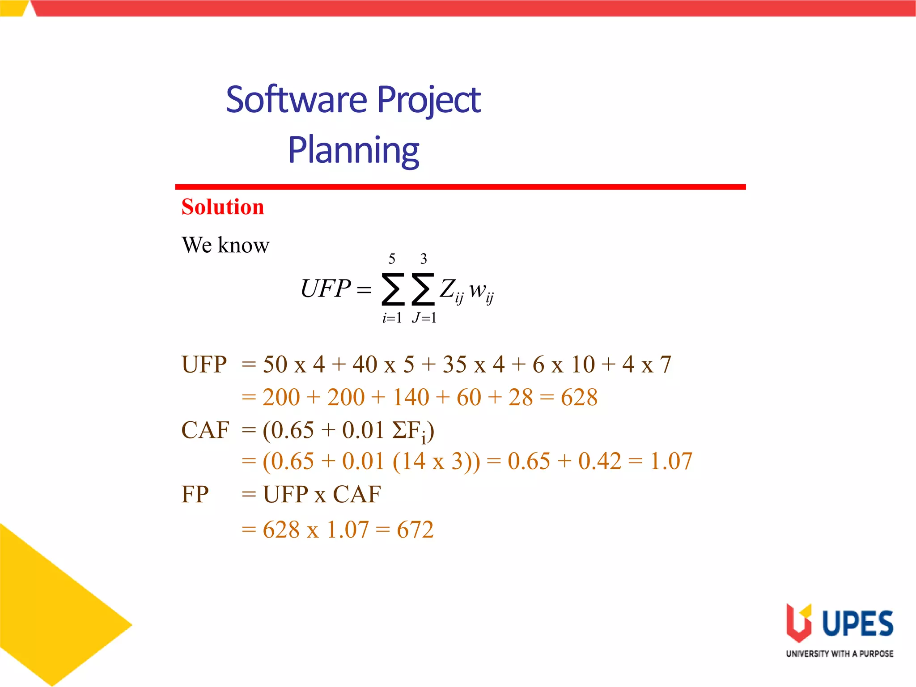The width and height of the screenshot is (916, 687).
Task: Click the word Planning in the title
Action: [x=353, y=150]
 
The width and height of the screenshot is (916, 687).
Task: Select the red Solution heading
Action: [x=223, y=207]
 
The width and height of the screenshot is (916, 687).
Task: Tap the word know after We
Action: [x=243, y=245]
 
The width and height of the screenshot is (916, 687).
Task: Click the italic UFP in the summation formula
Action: [x=325, y=288]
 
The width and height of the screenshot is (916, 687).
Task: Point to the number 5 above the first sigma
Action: [x=392, y=259]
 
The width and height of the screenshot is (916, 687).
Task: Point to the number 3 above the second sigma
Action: [x=423, y=259]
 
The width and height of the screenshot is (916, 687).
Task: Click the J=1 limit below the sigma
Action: [x=424, y=318]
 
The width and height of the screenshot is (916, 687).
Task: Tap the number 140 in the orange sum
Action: [x=411, y=397]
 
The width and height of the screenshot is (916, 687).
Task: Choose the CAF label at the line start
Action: [x=205, y=430]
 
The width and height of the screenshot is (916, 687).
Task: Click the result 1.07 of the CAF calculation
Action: [x=671, y=461]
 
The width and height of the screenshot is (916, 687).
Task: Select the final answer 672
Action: [x=415, y=530]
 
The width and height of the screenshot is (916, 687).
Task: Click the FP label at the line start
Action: [x=195, y=495]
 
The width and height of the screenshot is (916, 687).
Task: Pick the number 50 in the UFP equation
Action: [x=275, y=365]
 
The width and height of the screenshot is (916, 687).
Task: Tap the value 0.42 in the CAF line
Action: [x=599, y=461]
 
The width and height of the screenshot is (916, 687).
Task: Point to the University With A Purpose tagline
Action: [x=840, y=654]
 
